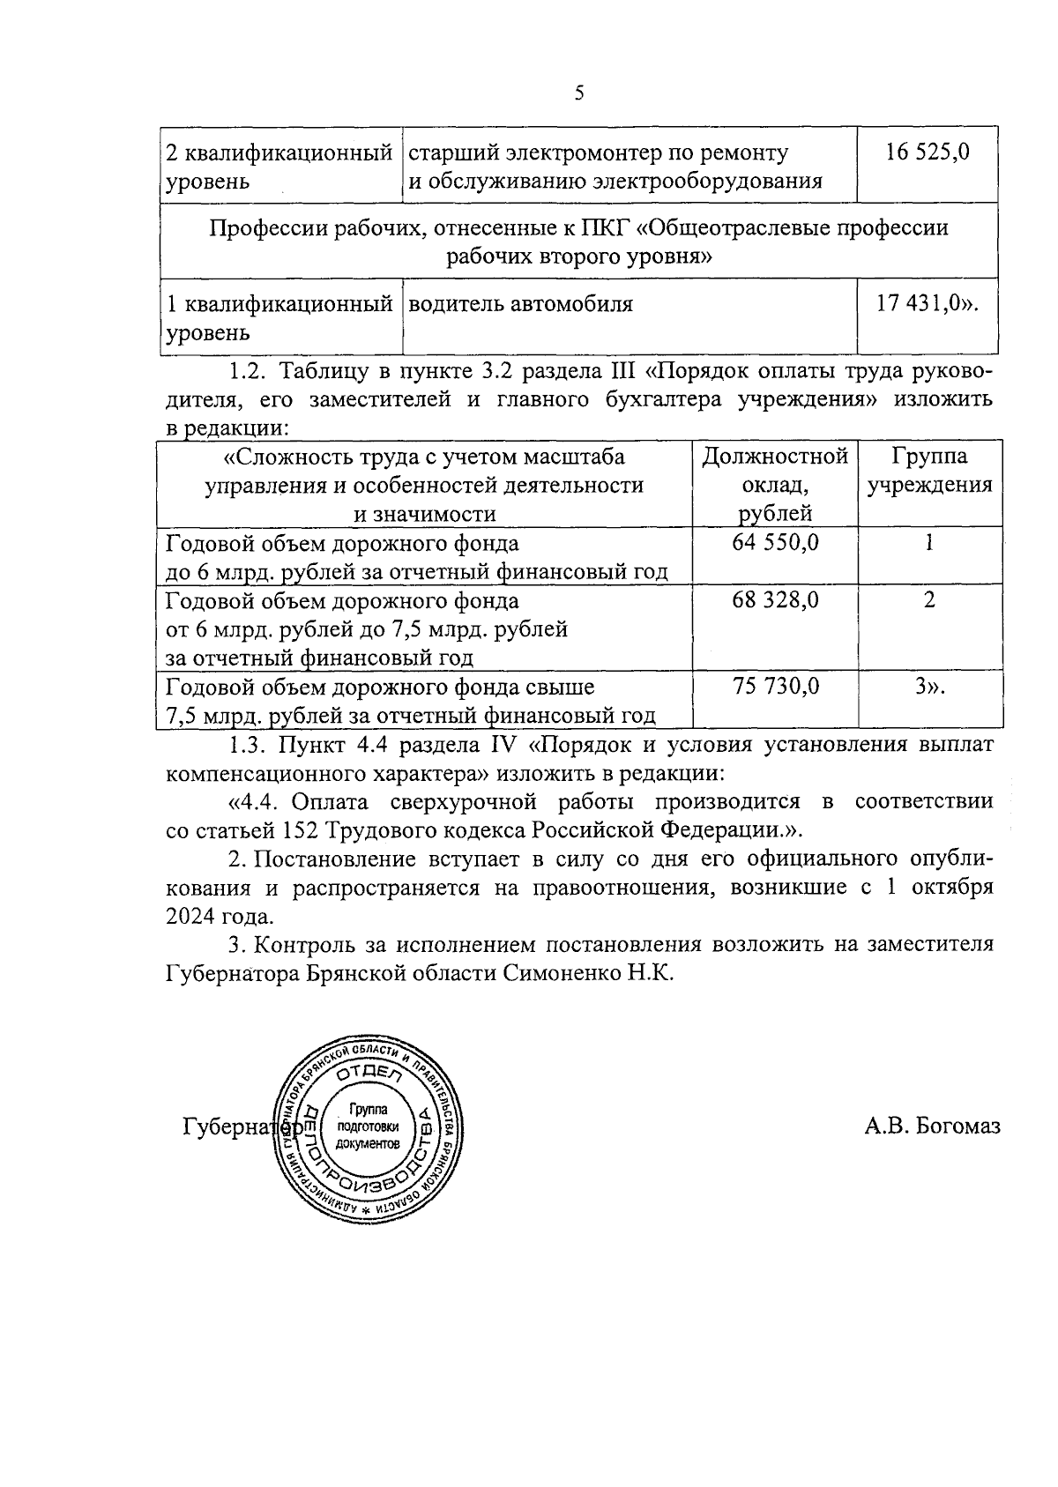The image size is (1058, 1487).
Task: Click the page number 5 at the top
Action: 578,93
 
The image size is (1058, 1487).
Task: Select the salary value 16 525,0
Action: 927,152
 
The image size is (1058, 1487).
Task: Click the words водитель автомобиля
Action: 520,304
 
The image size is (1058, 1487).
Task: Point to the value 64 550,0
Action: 775,543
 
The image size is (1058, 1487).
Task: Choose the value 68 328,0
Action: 775,600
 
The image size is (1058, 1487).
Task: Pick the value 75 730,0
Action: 775,686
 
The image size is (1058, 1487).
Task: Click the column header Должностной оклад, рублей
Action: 775,484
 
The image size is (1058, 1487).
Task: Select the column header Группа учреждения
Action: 929,471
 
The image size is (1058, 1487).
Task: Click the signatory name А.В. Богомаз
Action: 932,1126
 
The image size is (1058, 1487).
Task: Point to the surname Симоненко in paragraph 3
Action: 558,973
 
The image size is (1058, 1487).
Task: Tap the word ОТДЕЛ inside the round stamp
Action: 369,1072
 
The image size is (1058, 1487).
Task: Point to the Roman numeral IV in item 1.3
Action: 503,745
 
